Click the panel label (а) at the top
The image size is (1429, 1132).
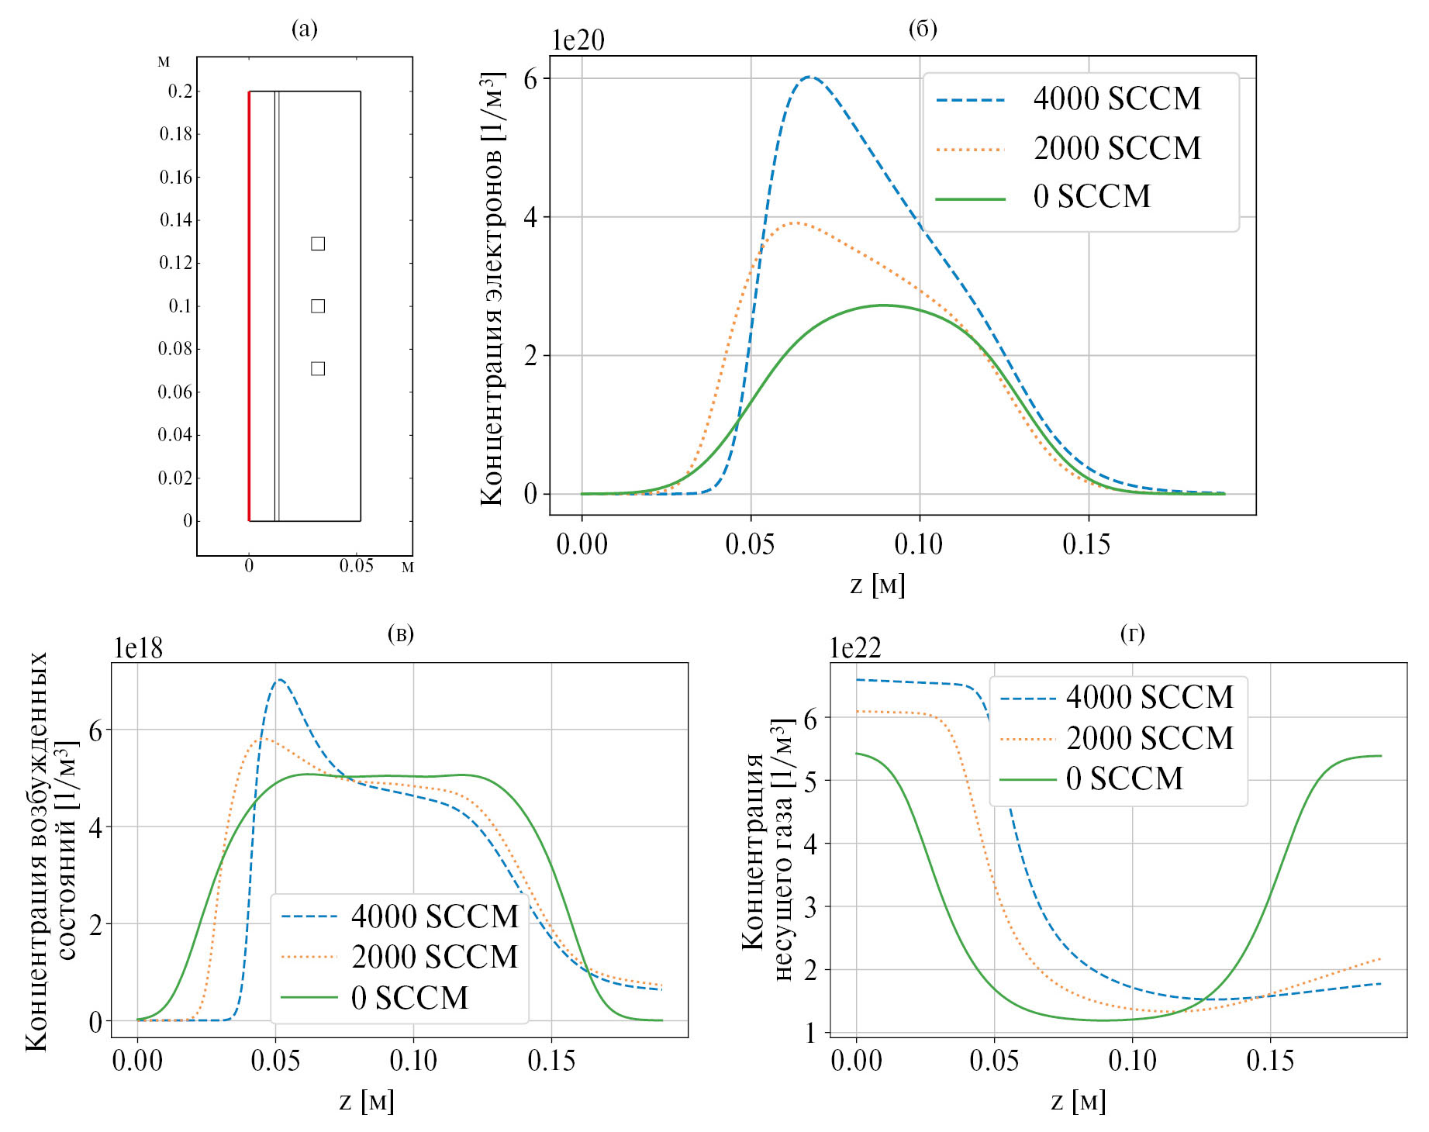304,29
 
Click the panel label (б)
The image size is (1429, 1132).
922,29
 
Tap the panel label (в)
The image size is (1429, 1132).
400,634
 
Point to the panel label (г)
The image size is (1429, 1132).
1132,634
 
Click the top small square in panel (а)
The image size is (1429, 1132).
318,244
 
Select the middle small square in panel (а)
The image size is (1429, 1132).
318,306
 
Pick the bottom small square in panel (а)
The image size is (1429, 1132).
318,368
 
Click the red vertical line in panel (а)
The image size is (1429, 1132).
249,306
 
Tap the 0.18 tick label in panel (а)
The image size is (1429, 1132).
176,134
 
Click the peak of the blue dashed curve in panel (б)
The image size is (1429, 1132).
809,78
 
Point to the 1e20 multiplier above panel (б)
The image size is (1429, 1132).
578,40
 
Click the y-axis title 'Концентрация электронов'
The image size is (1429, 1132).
492,288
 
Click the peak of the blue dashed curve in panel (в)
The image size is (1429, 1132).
279,680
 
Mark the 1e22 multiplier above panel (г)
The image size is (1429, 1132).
855,648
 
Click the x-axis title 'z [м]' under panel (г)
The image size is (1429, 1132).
1078,1101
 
